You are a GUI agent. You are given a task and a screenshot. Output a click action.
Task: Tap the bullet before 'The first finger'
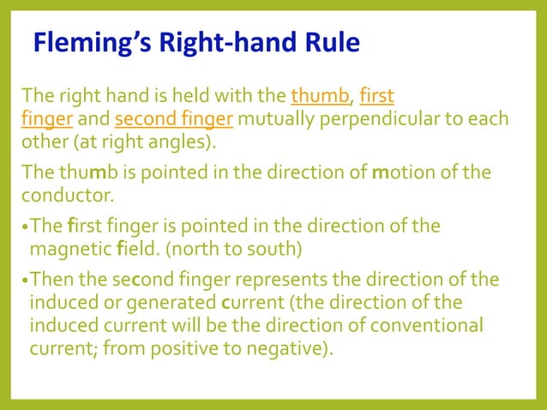pyautogui.click(x=25, y=227)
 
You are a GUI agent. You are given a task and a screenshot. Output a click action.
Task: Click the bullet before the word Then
pyautogui.click(x=25, y=281)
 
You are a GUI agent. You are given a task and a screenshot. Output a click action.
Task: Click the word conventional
pyautogui.click(x=432, y=327)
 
